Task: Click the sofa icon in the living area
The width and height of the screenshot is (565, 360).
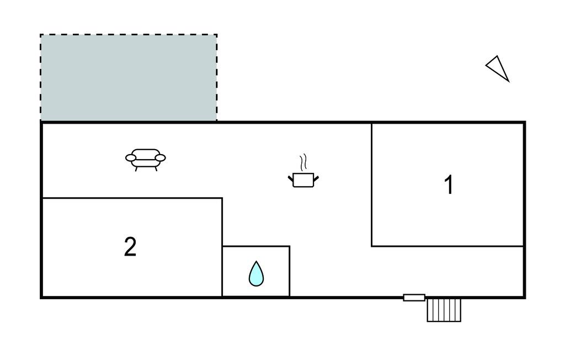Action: coord(146,158)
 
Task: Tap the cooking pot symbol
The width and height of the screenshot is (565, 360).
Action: coord(303,180)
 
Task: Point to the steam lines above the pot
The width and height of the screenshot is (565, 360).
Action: coord(303,163)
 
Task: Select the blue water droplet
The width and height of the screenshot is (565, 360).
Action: coord(256,274)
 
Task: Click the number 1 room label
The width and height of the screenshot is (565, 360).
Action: coord(449,185)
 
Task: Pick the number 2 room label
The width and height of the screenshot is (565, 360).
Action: coord(130,247)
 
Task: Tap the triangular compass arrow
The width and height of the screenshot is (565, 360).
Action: coord(498,68)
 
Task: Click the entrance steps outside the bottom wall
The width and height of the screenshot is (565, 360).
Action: coord(444,310)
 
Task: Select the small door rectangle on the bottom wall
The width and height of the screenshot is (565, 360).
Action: coord(414,298)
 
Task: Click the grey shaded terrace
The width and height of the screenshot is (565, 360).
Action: coord(129,77)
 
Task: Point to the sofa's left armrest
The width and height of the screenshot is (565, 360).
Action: coord(131,158)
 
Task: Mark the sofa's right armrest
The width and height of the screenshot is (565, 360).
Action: coord(161,158)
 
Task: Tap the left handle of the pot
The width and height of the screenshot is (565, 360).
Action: coord(291,177)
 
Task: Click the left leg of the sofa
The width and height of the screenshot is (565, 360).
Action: coord(136,168)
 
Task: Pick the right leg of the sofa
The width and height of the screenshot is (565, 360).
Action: coord(156,168)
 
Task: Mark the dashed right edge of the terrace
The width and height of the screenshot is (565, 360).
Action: coord(216,77)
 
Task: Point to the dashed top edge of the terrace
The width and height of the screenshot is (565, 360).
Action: coord(129,35)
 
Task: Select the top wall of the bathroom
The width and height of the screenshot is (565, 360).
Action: coord(256,246)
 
